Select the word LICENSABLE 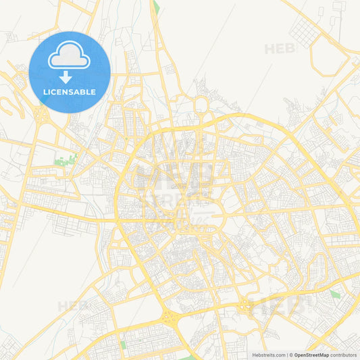pyautogui.click(x=70, y=92)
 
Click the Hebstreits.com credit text pyautogui.click(x=268, y=355)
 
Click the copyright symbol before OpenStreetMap pyautogui.click(x=290, y=355)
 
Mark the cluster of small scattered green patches pyautogui.click(x=66, y=161)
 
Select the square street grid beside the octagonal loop pyautogui.click(x=303, y=30)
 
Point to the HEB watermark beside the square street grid pyautogui.click(x=279, y=49)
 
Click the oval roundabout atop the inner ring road pyautogui.click(x=201, y=105)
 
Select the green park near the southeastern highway pyautogui.click(x=334, y=294)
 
